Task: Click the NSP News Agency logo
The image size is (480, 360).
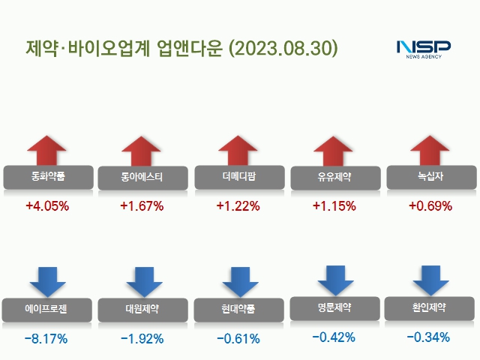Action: (x=423, y=49)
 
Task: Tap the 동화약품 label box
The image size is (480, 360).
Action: (x=48, y=178)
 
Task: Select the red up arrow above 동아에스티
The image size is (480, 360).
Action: (x=142, y=151)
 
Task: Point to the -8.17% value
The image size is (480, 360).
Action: (x=46, y=339)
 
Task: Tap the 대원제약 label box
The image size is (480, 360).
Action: (x=142, y=308)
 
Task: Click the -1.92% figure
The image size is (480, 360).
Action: (x=142, y=339)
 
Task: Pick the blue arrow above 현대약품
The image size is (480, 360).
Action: (x=238, y=281)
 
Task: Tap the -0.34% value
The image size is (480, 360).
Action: (x=429, y=337)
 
